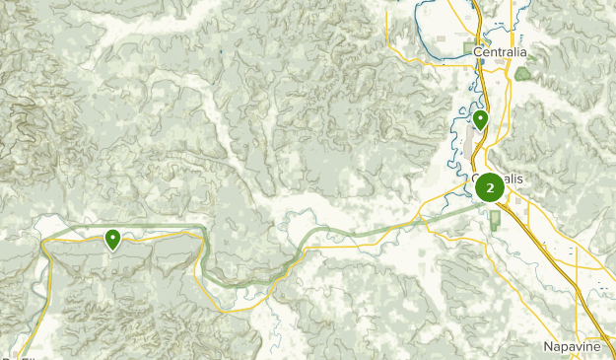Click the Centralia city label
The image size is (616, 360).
[500, 51]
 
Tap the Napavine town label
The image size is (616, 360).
[572, 347]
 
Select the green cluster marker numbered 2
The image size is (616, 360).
[490, 186]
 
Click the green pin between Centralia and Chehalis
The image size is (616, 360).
[480, 120]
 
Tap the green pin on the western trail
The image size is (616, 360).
[113, 238]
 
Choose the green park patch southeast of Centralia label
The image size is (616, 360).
[521, 72]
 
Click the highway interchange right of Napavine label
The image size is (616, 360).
[603, 335]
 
